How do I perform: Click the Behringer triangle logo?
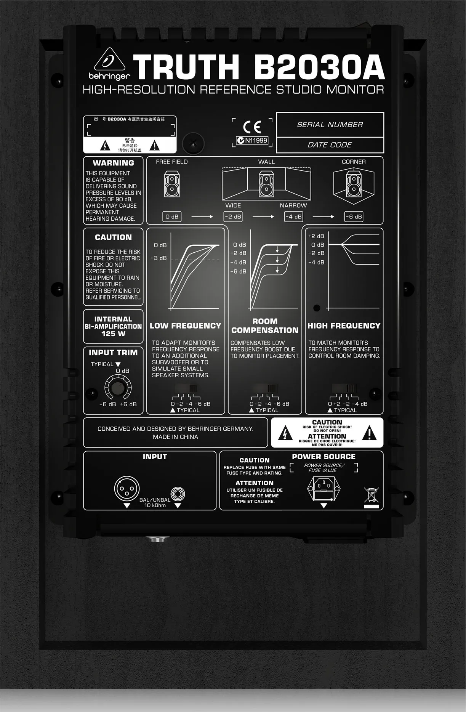[x=109, y=60]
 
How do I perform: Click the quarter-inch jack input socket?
[x=178, y=495]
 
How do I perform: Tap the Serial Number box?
[x=330, y=125]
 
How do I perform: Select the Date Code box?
[x=330, y=145]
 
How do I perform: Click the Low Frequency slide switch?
[x=186, y=388]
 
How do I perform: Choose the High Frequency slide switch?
[x=344, y=388]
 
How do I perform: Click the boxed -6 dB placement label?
[x=354, y=216]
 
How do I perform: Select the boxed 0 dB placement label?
[x=172, y=216]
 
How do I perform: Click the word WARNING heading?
[x=113, y=163]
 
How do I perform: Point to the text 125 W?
[x=113, y=334]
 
